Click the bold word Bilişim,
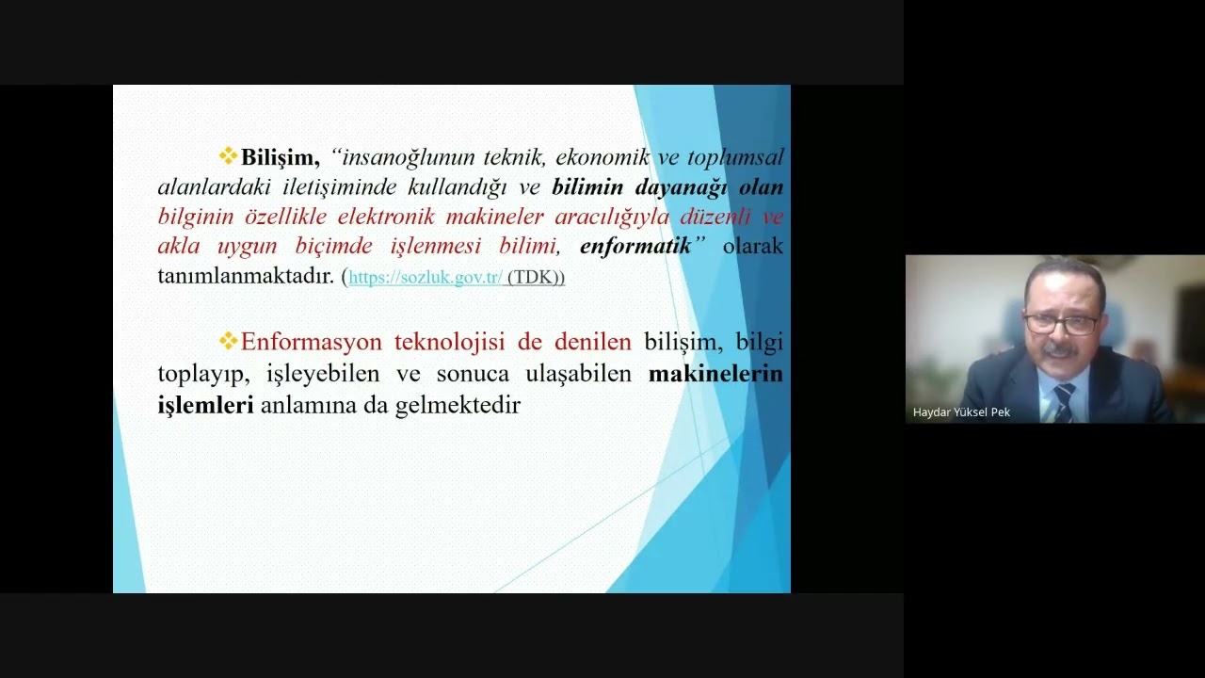point(281,157)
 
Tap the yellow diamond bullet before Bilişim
point(228,156)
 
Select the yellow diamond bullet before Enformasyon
point(228,341)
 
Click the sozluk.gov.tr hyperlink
point(426,278)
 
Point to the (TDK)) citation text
point(536,278)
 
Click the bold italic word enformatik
point(635,247)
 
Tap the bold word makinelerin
point(715,374)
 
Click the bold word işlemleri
point(205,406)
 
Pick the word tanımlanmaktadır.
point(246,277)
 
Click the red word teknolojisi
point(455,342)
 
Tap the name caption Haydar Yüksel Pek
point(961,412)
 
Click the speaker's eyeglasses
point(1062,323)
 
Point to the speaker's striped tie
point(1064,401)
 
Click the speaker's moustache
point(1061,349)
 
